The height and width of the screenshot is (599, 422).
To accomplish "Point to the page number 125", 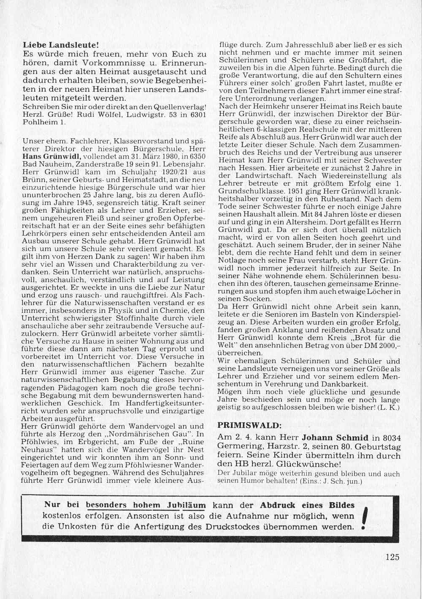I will [x=392, y=557].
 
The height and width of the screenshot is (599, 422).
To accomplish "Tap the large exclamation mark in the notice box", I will [x=365, y=518].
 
